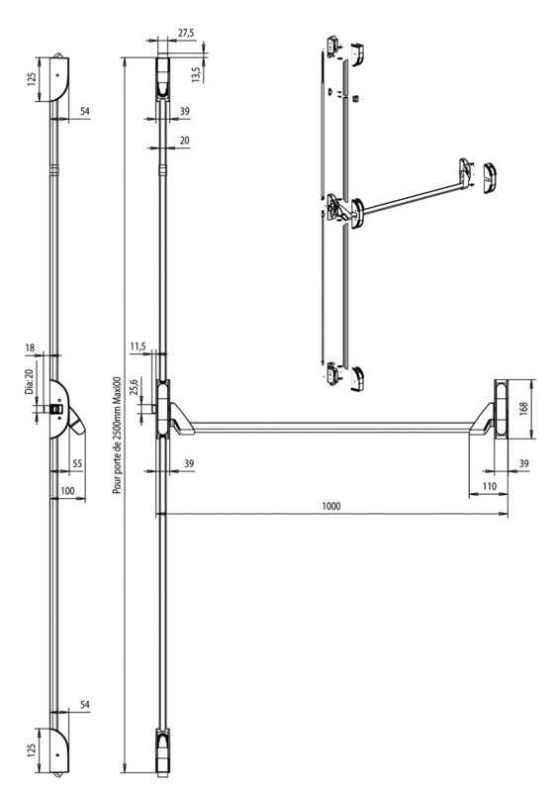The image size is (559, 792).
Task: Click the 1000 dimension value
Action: (330, 506)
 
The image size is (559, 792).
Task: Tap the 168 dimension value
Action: (522, 408)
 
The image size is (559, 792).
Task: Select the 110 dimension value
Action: (490, 486)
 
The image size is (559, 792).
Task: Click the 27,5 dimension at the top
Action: (186, 33)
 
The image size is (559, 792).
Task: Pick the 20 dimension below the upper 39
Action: (185, 141)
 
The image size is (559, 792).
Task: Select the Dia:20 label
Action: (29, 382)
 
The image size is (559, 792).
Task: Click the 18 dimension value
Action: (30, 347)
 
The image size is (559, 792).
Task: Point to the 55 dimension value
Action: (77, 463)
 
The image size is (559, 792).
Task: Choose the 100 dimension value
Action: (67, 490)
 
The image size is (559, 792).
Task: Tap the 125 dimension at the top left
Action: (32, 80)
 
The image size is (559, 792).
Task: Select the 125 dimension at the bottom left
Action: (32, 750)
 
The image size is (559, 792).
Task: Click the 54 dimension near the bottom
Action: (84, 704)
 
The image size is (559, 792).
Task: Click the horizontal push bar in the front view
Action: (331, 427)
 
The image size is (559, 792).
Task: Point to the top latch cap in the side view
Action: (59, 79)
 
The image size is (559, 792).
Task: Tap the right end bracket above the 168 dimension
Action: (501, 410)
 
